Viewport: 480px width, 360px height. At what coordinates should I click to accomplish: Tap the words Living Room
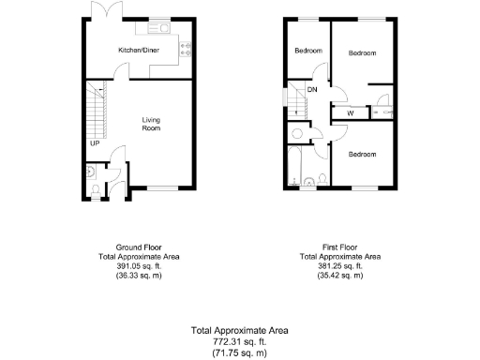coord(152,124)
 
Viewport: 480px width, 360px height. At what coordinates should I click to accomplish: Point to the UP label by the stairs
coord(95,143)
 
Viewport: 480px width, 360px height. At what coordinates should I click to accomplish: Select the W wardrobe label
coord(350,113)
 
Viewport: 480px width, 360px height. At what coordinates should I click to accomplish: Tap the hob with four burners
coord(187,51)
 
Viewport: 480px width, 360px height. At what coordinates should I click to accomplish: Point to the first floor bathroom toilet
coord(321,179)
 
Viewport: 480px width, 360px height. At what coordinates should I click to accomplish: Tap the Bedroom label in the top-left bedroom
coord(308,51)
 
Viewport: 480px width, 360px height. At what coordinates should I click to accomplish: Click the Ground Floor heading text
coord(139,247)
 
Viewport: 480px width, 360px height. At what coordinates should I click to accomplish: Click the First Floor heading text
coord(339,247)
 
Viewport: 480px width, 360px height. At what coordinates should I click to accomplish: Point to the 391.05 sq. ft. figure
coord(139,265)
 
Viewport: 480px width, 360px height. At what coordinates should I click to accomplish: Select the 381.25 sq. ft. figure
coord(339,265)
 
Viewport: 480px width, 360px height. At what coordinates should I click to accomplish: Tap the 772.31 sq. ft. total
coord(239,341)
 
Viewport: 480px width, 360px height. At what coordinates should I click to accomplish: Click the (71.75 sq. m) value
coord(239,352)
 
